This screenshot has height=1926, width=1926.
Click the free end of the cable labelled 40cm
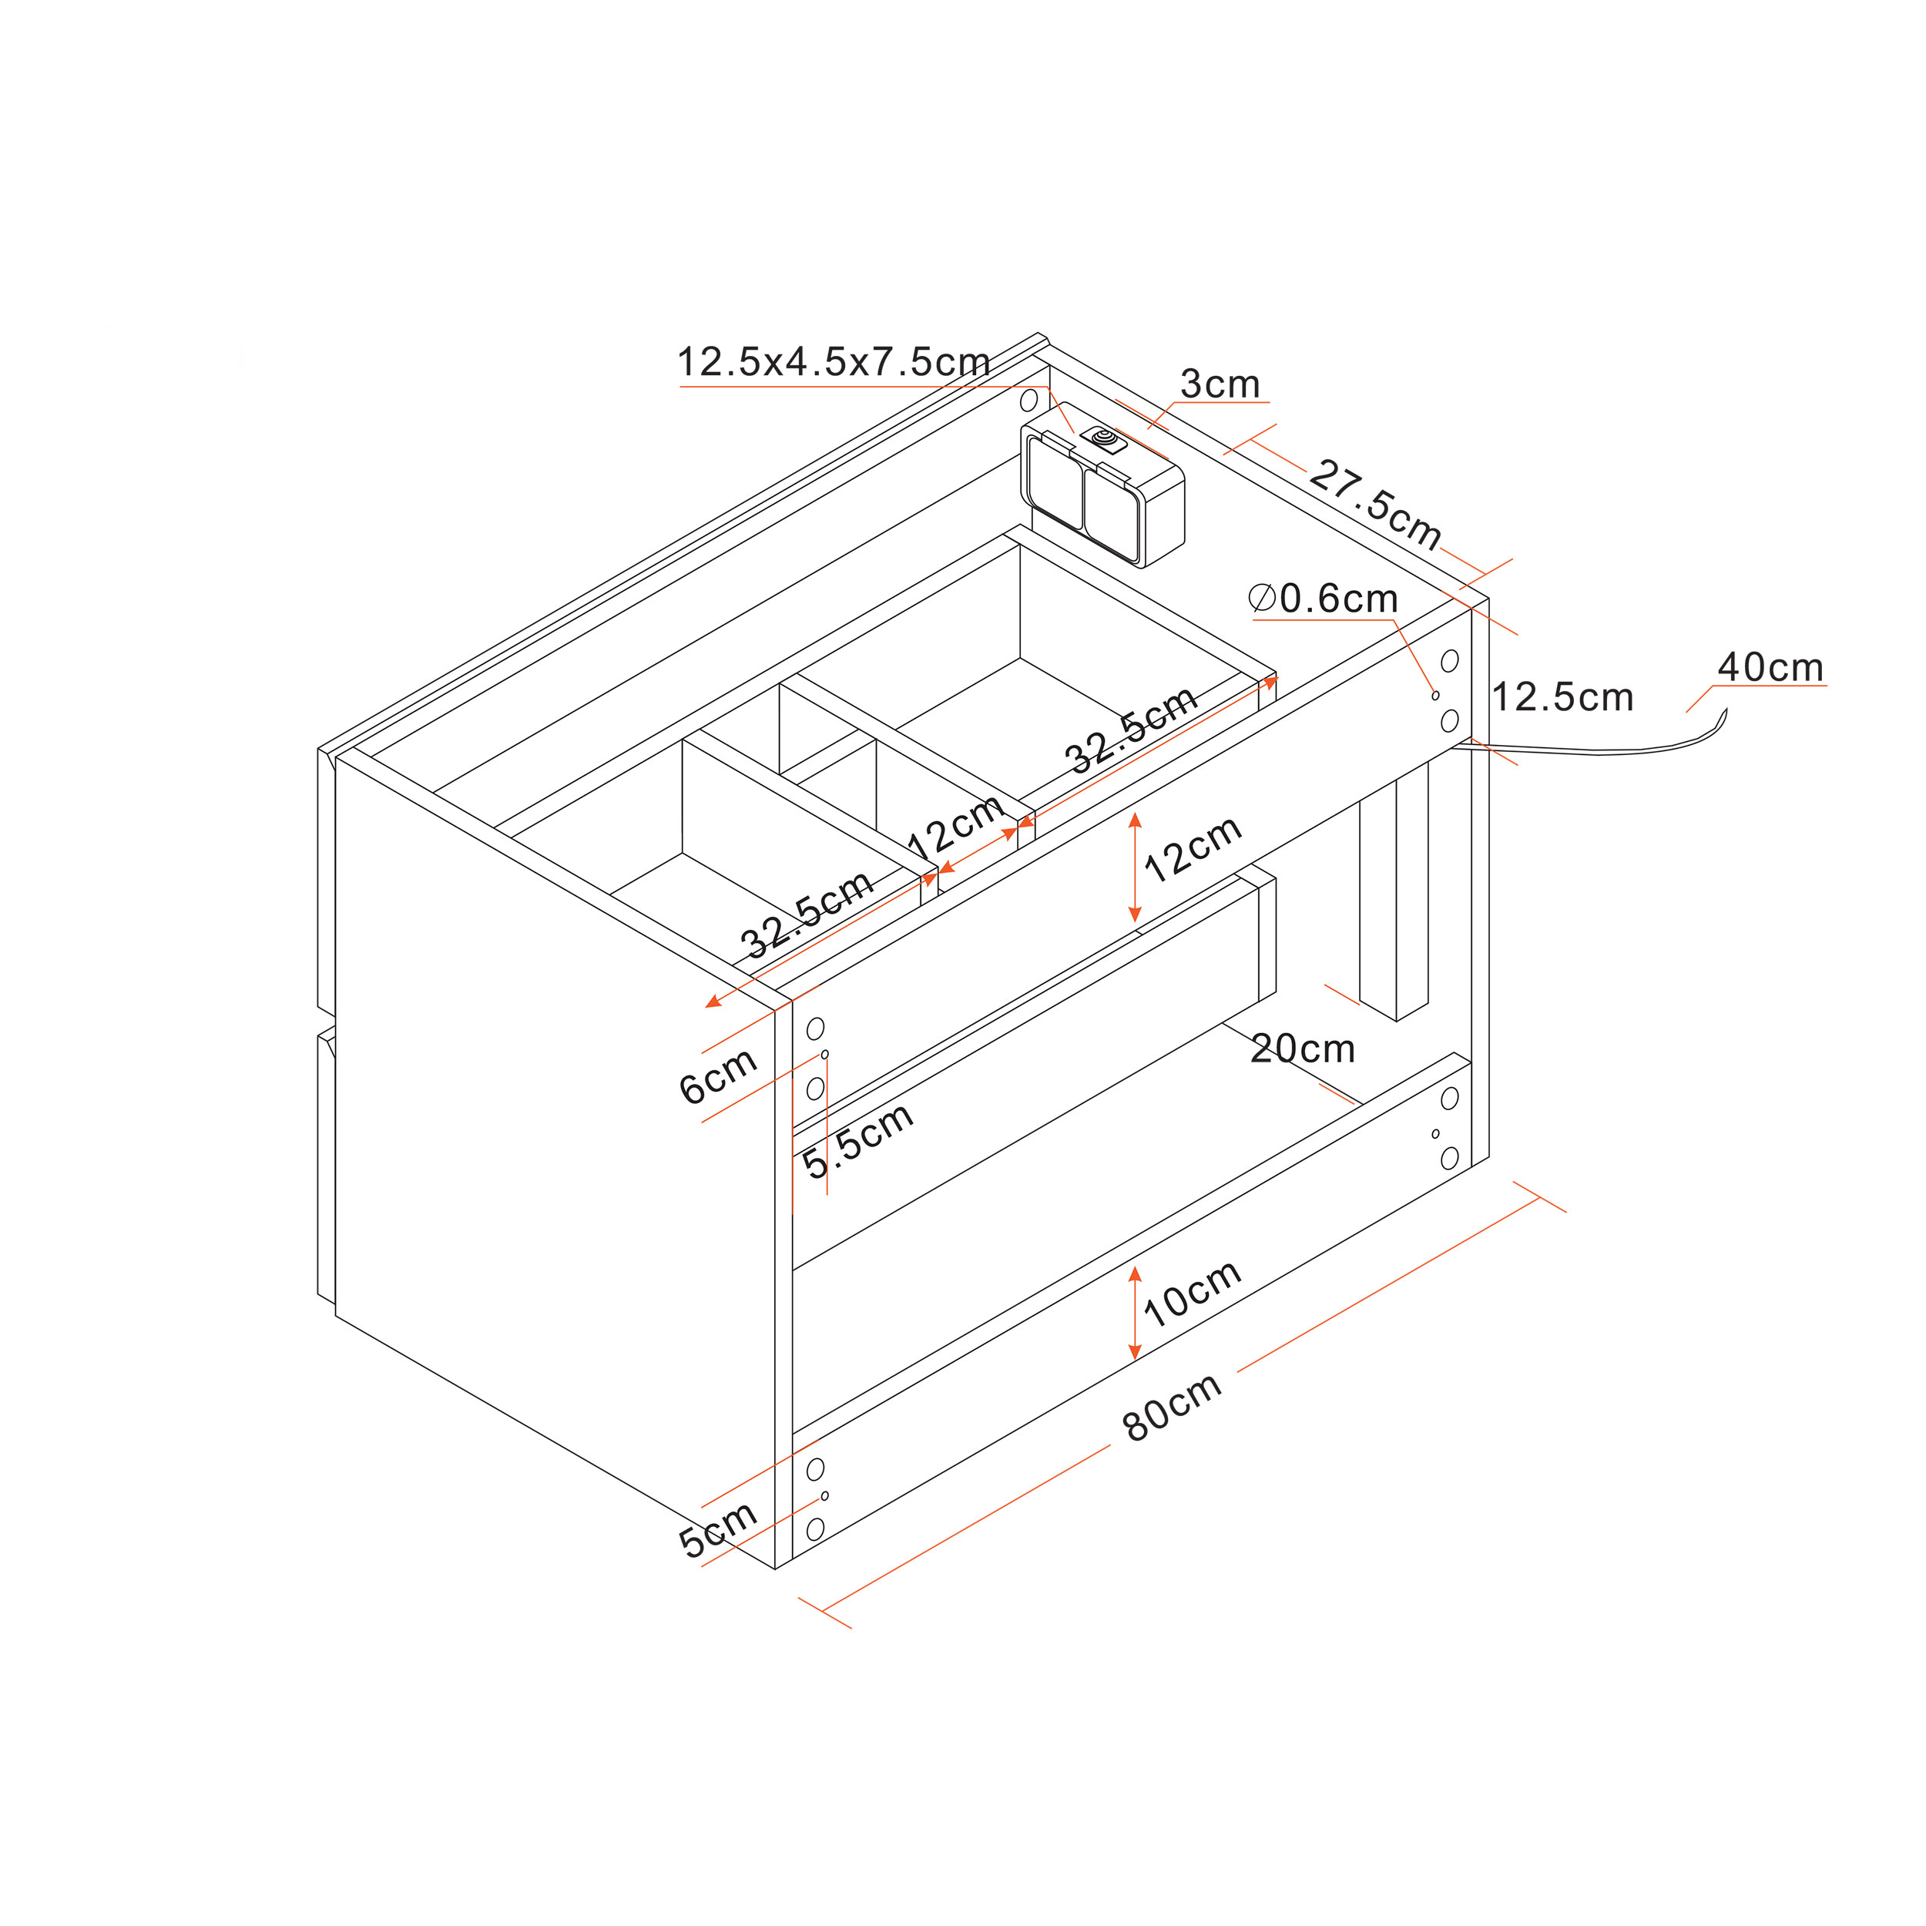[x=1726, y=709]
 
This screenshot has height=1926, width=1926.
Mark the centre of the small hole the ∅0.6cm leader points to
[x=1435, y=695]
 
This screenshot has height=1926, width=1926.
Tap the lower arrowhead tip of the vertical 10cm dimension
[x=1135, y=1360]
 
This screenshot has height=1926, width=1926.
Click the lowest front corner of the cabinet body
[x=777, y=1568]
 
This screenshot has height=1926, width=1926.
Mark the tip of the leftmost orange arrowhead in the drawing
[x=705, y=1007]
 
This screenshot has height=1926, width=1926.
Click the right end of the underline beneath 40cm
[x=1827, y=685]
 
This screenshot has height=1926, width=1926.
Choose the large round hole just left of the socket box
[x=1028, y=401]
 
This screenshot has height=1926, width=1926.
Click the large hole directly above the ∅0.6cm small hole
[x=1449, y=660]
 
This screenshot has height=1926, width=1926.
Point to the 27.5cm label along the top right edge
[x=1376, y=505]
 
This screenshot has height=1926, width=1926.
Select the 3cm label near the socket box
[x=1220, y=383]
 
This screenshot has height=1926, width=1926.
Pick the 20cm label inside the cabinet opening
[x=1302, y=1049]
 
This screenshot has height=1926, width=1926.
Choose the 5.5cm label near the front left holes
[x=858, y=1139]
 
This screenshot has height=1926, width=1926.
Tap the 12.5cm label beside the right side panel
[x=1562, y=697]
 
